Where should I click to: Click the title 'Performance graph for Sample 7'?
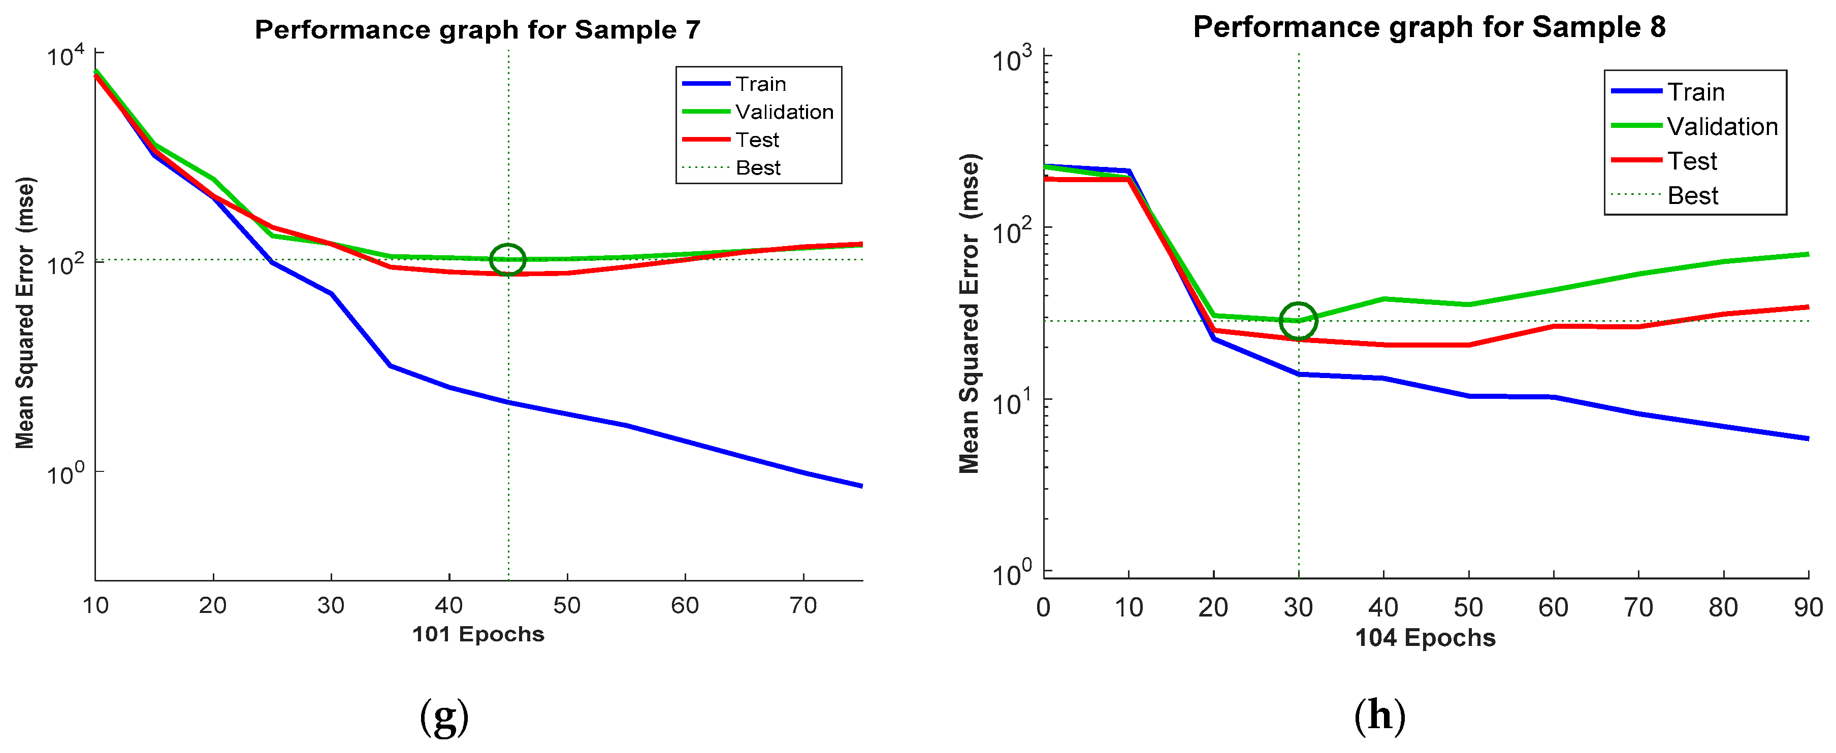[477, 30]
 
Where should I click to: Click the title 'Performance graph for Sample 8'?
[1429, 27]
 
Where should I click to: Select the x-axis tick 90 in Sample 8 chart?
[1808, 608]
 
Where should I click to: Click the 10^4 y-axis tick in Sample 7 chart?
[66, 56]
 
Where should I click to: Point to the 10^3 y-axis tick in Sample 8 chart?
[1012, 58]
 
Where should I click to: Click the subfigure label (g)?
[444, 716]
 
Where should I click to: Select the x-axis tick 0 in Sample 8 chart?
[1043, 608]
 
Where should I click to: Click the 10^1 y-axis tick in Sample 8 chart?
[1012, 402]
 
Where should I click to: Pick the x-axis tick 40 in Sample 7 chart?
[449, 605]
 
